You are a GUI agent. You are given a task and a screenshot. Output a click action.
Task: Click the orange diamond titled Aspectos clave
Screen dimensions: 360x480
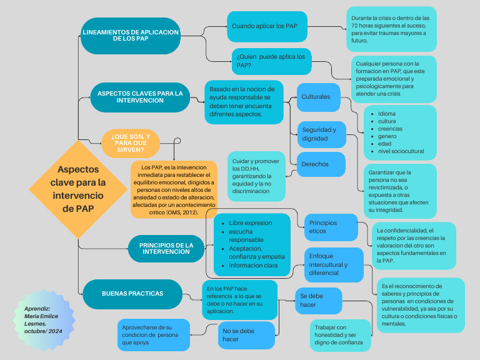point(78,189)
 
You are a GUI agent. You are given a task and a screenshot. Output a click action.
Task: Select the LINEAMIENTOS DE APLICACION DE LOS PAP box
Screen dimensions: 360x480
point(131,35)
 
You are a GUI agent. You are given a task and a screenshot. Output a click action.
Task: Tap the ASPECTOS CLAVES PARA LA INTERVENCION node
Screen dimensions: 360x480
point(139,97)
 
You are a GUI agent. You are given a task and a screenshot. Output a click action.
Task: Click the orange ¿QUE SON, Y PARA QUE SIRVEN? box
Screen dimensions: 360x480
point(131,142)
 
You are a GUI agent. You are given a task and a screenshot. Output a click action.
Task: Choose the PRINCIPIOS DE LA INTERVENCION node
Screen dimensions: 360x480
point(166,247)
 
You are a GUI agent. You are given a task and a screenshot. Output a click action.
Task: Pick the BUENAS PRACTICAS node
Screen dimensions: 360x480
point(132,293)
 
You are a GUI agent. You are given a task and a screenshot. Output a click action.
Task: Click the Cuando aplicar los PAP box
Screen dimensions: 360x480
point(267,26)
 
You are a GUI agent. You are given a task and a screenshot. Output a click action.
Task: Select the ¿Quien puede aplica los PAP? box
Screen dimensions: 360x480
point(271,61)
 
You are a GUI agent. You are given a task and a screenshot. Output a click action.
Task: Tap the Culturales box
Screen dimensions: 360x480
point(318,97)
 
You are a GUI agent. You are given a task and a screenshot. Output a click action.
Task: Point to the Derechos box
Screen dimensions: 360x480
point(321,164)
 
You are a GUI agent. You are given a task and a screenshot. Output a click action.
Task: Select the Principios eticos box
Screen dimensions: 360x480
point(330,227)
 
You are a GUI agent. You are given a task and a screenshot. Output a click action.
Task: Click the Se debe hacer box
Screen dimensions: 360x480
point(318,300)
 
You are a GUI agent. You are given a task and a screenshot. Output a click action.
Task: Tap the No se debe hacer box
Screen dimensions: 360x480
point(246,334)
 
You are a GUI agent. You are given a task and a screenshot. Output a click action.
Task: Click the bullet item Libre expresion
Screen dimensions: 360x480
point(250,222)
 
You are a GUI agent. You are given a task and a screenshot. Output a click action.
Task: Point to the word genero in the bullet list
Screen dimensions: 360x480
point(387,136)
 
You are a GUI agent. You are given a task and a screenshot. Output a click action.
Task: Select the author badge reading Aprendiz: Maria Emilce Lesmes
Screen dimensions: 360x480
point(45,319)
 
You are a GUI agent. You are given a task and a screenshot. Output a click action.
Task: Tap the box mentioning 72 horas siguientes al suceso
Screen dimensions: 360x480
point(391,29)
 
